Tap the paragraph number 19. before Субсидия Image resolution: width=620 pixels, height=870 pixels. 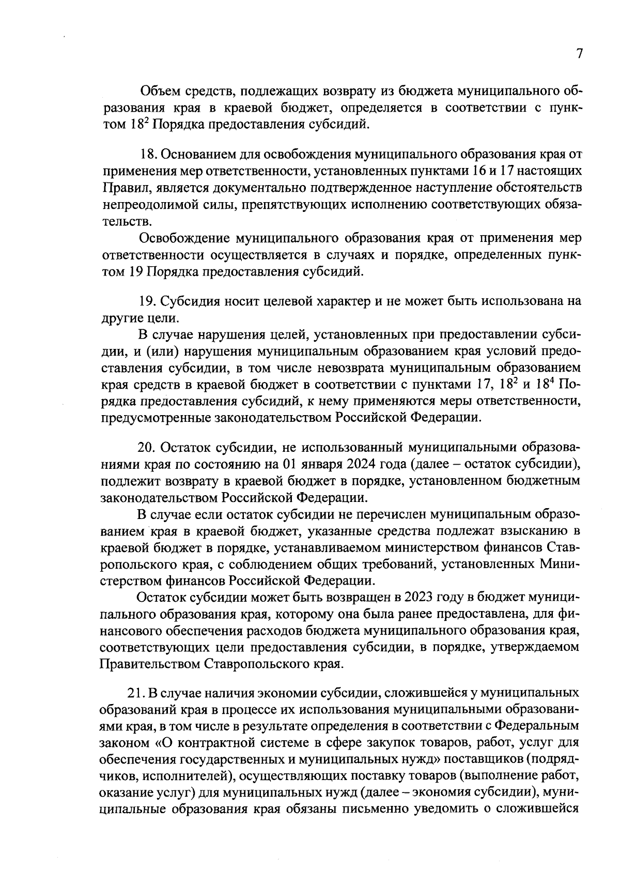pos(148,301)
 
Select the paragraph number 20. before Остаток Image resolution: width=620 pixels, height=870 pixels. pos(148,447)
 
